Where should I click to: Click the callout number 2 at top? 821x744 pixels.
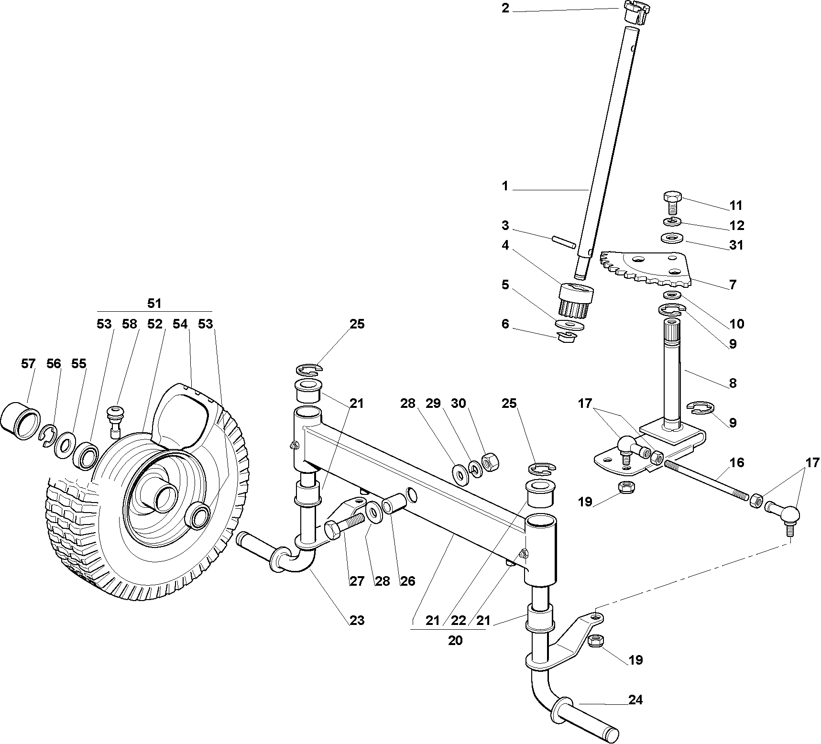click(x=505, y=9)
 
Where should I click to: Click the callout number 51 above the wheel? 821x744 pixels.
click(x=154, y=303)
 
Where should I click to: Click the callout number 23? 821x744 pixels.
click(x=357, y=620)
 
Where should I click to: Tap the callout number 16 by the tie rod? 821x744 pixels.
click(x=737, y=462)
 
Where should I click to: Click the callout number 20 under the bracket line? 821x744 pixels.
click(x=455, y=641)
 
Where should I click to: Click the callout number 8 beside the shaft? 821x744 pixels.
click(x=733, y=383)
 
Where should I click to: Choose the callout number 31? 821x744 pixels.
click(x=736, y=245)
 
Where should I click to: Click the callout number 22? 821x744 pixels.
click(x=459, y=620)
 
